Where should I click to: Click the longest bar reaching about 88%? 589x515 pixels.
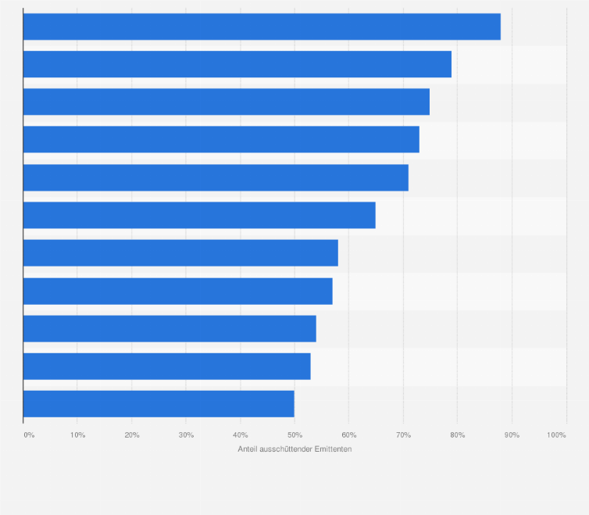(262, 27)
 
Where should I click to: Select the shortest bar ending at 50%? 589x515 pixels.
(159, 404)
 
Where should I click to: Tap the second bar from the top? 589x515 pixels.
(237, 64)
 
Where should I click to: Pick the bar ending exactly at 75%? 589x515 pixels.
(227, 102)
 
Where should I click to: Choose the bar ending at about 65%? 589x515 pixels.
(199, 215)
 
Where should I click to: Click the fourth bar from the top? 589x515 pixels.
(221, 139)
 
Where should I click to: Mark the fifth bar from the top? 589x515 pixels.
(216, 177)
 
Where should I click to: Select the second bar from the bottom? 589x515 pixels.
(167, 366)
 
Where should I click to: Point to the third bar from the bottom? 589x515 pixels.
(170, 328)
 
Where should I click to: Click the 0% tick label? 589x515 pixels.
(29, 435)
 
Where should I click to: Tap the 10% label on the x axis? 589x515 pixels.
(77, 435)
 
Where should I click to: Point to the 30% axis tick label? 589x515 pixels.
(186, 435)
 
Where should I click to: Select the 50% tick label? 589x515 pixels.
(294, 435)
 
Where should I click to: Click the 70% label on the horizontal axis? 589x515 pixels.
(403, 435)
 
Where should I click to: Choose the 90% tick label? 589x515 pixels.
(512, 435)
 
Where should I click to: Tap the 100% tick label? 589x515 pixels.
(556, 435)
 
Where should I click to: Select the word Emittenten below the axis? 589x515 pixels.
(334, 449)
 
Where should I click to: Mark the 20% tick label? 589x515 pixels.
(131, 435)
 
